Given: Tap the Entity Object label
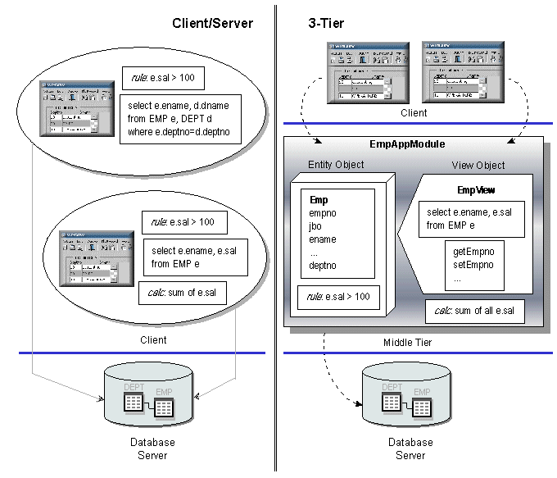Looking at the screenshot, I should coord(336,165).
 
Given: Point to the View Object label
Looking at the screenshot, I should coord(478,165).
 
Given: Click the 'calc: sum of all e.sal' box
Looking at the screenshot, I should coord(474,311).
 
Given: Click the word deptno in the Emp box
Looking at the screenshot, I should coord(324,266).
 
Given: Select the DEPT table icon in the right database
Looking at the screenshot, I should coord(392,401).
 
